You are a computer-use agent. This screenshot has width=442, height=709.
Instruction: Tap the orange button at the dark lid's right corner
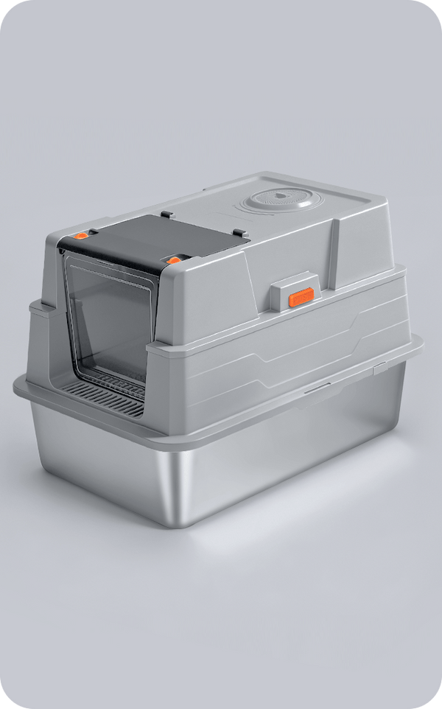pyautogui.click(x=174, y=260)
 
